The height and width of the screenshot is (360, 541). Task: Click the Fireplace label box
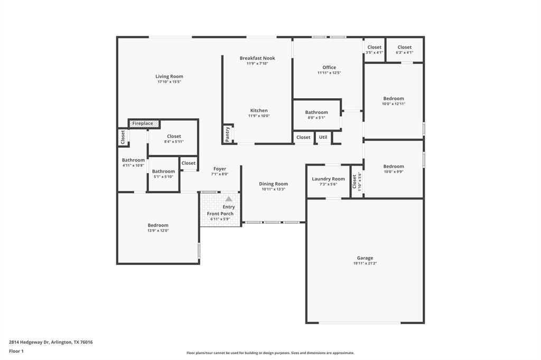pos(143,124)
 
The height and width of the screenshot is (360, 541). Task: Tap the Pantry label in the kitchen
pos(228,134)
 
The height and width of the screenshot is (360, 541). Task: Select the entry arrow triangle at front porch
pos(228,199)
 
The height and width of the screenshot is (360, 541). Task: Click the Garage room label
pos(365,258)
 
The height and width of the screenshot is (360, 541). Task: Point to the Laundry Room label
pos(328,179)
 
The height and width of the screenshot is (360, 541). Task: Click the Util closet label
pos(323,137)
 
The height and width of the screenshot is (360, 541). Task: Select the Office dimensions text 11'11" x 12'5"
pos(329,73)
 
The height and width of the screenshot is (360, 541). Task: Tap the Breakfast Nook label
pos(257,58)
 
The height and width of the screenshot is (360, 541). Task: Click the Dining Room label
pos(273,184)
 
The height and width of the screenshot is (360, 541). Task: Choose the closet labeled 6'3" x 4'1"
pos(404,50)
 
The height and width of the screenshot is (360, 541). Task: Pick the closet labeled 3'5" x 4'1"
pos(374,50)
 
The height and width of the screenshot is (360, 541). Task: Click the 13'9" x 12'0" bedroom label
pos(158,228)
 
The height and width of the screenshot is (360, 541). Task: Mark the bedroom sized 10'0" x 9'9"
pos(394,168)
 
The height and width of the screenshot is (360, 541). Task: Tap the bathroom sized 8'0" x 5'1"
pos(316,115)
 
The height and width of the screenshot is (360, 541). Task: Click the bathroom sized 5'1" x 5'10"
pos(163,174)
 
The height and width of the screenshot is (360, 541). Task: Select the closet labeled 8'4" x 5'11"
pos(174,139)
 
